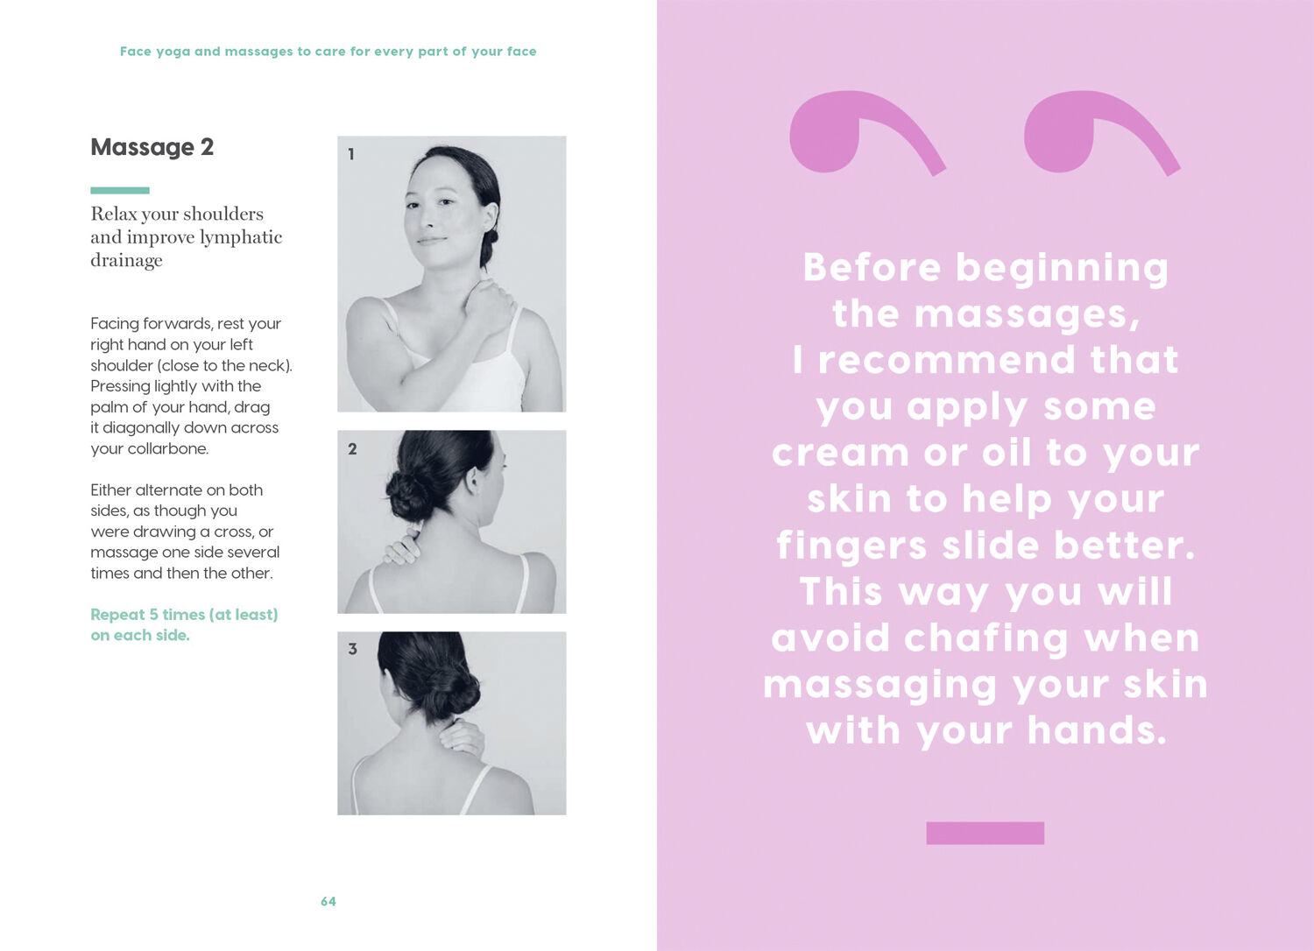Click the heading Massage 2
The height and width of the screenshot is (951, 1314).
click(x=152, y=147)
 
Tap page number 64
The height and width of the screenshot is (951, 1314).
click(x=328, y=901)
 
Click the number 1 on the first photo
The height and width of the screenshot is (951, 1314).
click(x=351, y=154)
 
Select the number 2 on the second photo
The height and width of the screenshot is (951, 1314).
click(x=352, y=449)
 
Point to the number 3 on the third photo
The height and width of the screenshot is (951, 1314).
click(x=352, y=649)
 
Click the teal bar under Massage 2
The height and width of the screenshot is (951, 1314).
click(x=120, y=190)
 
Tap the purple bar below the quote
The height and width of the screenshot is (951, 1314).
click(x=985, y=833)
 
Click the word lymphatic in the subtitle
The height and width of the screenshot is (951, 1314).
click(x=241, y=237)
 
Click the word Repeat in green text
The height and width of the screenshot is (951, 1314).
click(x=117, y=615)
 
